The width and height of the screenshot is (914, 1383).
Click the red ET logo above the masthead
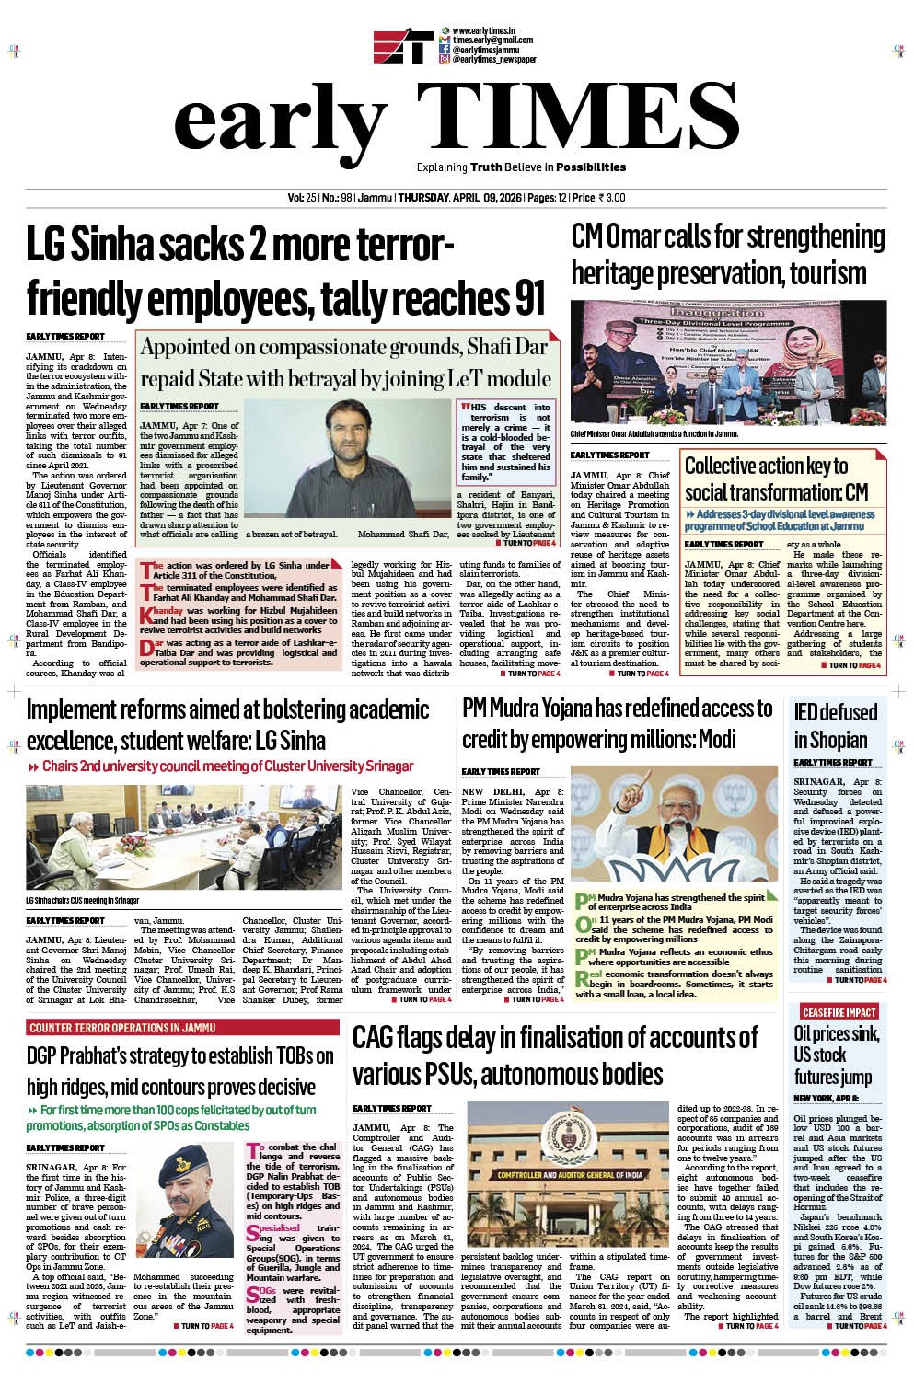402,49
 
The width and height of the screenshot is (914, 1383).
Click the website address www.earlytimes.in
483,31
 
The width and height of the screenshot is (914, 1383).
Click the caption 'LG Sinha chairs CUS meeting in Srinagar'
83,898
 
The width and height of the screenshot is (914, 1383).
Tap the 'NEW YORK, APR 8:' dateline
827,1099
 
